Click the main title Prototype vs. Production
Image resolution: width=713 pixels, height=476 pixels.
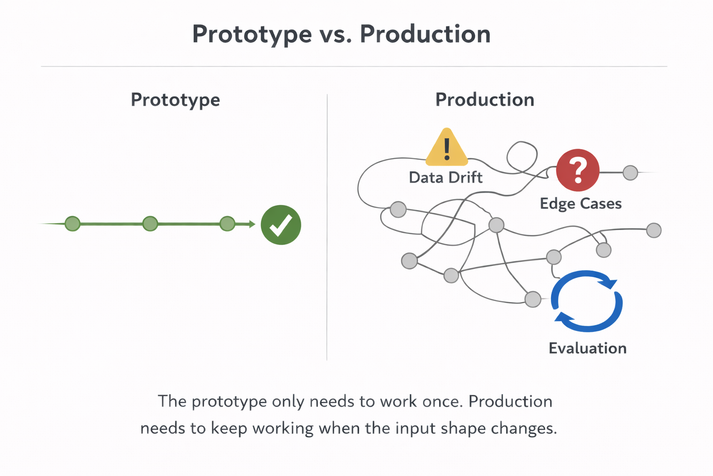[x=342, y=34]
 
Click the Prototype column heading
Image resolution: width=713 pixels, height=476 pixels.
[x=175, y=100]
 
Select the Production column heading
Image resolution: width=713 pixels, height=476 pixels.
[x=485, y=100]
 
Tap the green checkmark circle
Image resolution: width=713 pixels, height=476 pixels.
[x=281, y=225]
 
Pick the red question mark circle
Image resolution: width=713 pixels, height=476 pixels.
[x=578, y=170]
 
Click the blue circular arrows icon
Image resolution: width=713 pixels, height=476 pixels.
[x=587, y=301]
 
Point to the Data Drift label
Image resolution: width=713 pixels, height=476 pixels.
[x=446, y=178]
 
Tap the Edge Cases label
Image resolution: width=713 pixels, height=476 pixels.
[x=581, y=204]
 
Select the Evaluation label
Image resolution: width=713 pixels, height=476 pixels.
[x=588, y=348]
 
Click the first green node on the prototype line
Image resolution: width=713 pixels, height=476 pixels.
[x=72, y=224]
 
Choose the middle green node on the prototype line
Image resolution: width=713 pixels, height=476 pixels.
[x=150, y=224]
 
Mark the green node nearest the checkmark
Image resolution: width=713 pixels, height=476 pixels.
[x=227, y=224]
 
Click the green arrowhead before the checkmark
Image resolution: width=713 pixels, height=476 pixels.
[x=252, y=225]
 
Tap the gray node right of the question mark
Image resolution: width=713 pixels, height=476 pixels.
[x=630, y=172]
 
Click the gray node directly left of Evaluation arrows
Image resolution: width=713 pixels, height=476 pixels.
[x=533, y=299]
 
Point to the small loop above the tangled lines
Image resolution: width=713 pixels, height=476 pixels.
[x=522, y=157]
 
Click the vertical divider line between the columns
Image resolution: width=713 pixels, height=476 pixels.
[x=327, y=228]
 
